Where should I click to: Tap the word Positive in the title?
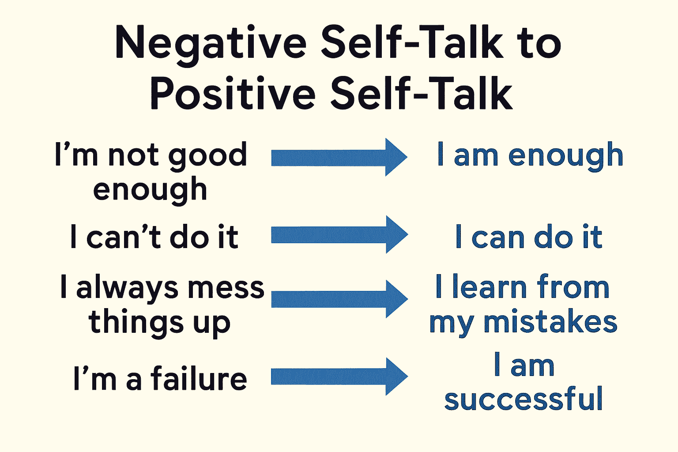click(x=233, y=94)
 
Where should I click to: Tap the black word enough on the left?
click(x=150, y=190)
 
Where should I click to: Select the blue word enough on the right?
click(x=565, y=156)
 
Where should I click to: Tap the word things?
click(x=136, y=323)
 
